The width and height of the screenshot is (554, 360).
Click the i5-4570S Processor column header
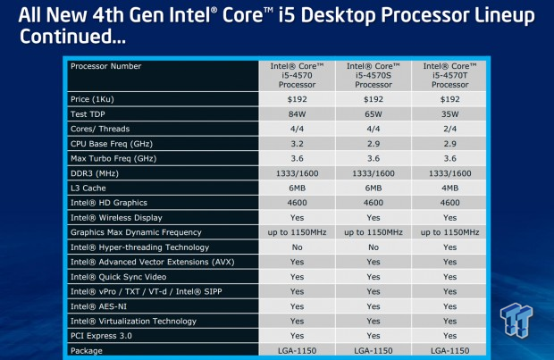(374, 75)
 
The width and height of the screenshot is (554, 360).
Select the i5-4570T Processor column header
(449, 75)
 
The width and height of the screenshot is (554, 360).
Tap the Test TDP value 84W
(297, 114)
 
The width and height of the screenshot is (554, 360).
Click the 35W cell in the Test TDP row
(449, 114)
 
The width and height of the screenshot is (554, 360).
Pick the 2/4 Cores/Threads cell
(449, 129)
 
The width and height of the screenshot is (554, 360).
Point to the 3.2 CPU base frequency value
(297, 144)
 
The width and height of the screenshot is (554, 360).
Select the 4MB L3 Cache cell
(449, 188)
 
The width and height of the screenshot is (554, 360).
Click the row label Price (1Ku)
(92, 99)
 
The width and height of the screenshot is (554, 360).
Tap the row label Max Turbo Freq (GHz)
(113, 159)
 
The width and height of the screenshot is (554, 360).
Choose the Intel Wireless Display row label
(116, 218)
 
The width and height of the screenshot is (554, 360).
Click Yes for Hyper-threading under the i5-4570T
(449, 247)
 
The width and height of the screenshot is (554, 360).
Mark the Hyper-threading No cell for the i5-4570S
(374, 247)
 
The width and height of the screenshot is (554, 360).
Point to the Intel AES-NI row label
(98, 306)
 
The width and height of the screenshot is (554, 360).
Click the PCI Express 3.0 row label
(101, 336)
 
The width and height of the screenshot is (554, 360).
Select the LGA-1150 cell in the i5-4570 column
(297, 351)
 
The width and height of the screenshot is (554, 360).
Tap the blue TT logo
(516, 320)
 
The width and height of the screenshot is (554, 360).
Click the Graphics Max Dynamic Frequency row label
(136, 232)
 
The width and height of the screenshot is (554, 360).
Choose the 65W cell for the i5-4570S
(374, 114)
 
